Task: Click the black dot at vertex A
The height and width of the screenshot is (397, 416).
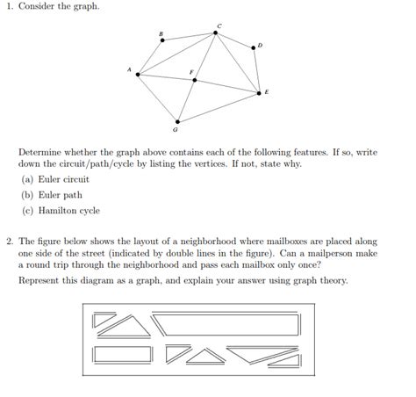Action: [x=138, y=75]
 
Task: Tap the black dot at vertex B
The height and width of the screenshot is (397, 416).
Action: [x=161, y=40]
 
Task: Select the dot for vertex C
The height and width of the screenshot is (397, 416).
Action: [x=217, y=33]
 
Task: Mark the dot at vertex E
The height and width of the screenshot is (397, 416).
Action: [x=259, y=91]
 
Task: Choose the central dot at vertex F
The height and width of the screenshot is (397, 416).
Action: [x=195, y=80]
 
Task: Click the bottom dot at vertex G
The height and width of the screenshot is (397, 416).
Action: [x=177, y=121]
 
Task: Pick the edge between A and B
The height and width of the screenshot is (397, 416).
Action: [x=149, y=58]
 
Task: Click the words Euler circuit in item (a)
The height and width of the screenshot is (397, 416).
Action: [x=63, y=179]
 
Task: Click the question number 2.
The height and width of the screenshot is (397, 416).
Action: [x=8, y=239]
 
